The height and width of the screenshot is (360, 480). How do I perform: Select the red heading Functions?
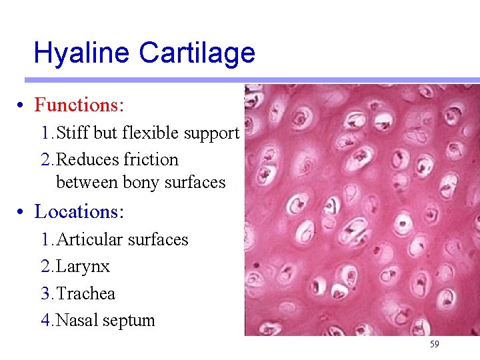80,105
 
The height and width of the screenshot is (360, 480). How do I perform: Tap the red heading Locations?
79,212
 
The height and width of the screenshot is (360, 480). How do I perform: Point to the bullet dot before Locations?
22,213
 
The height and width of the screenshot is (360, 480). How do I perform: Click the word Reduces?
83,160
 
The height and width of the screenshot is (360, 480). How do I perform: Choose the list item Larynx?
83,267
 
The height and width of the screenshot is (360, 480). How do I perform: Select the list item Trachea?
86,294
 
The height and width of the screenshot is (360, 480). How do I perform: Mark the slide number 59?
434,345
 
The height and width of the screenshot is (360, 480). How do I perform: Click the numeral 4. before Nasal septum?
47,321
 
